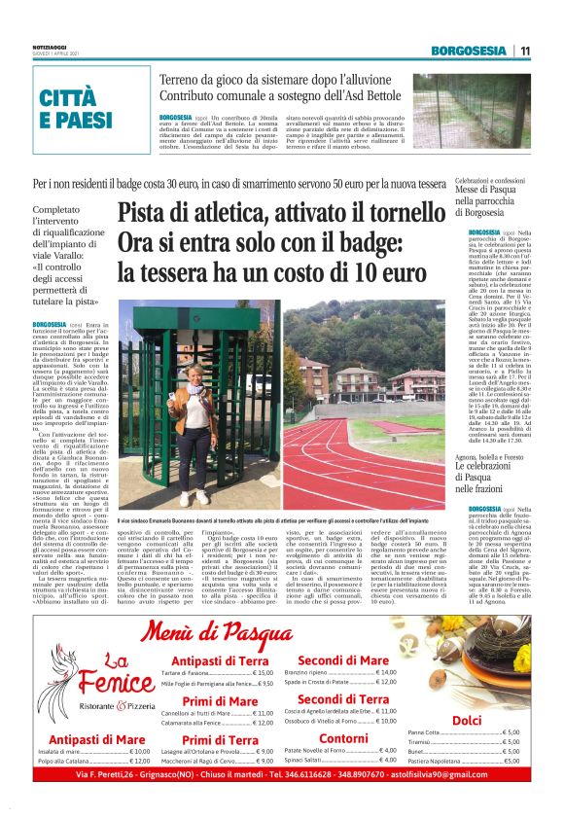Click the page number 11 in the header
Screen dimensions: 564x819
[525, 51]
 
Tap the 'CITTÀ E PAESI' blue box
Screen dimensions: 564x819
[77, 108]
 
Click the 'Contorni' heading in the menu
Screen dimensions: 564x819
[344, 739]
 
